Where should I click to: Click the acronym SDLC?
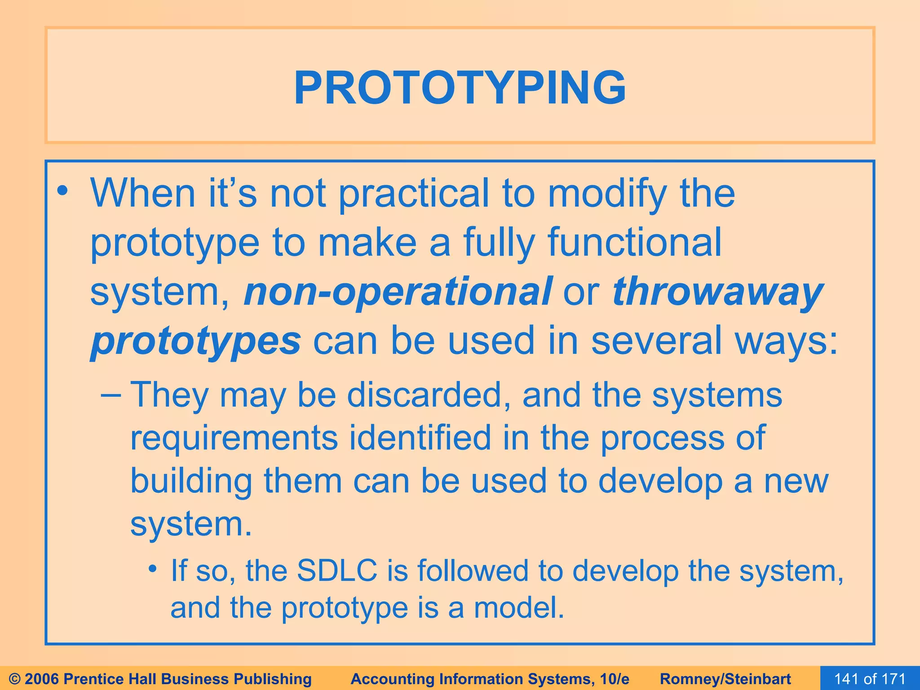337,571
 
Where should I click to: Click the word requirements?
234,438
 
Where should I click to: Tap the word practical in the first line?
413,193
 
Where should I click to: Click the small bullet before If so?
153,569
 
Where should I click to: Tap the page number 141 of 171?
870,678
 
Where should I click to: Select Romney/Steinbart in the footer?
725,679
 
